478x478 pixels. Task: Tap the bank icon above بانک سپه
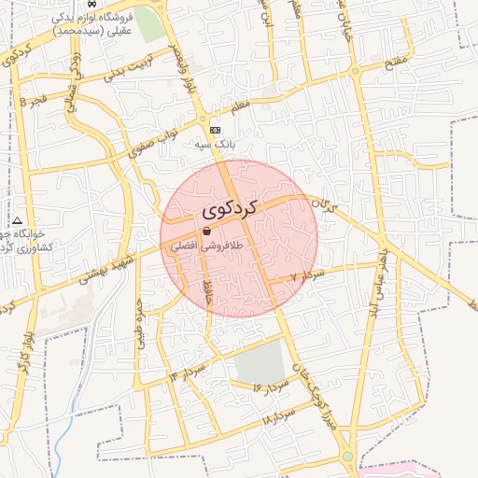217,130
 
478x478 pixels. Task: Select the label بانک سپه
213,145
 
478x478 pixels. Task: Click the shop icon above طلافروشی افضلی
205,231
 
